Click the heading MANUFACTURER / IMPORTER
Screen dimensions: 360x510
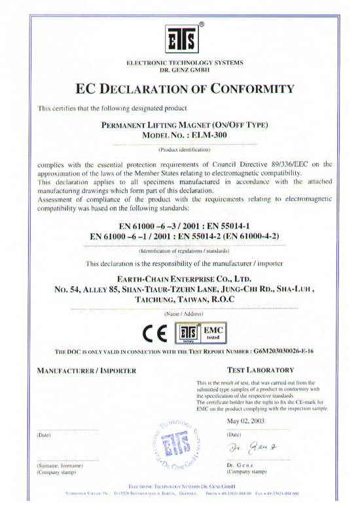[86, 371]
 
